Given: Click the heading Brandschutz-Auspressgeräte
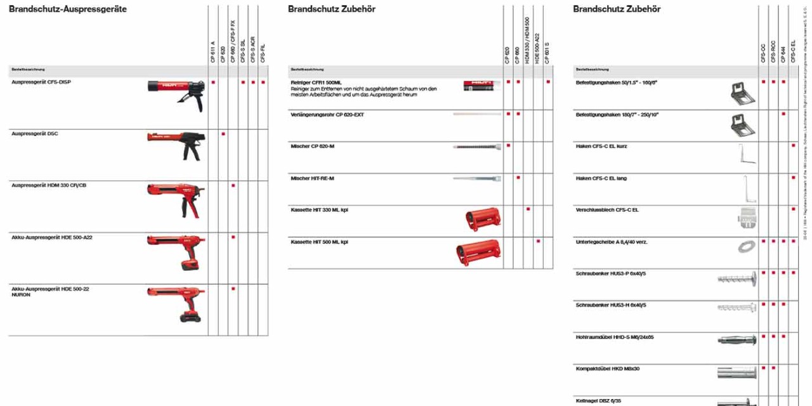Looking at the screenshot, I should click(68, 10).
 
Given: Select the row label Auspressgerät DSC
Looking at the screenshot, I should click(35, 134).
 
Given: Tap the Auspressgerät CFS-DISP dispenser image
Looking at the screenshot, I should click(176, 93).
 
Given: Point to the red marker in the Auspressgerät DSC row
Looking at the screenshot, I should click(223, 134).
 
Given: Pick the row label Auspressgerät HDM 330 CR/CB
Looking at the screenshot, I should click(49, 185).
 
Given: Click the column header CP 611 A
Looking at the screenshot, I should click(213, 51).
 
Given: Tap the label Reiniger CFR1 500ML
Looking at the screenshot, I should click(316, 82).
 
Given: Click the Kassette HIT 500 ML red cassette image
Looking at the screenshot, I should click(478, 252).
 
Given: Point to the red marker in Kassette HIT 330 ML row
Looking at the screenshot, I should click(528, 209).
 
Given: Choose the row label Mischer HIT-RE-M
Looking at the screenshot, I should click(312, 178).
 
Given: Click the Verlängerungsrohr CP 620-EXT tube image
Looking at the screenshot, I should click(476, 114).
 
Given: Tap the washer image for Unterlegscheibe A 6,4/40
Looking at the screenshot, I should click(746, 247).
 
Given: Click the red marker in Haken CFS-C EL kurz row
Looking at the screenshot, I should click(794, 146).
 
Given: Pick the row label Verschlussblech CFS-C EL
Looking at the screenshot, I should click(607, 210).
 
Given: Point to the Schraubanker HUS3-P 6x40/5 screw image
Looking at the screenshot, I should click(737, 277).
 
